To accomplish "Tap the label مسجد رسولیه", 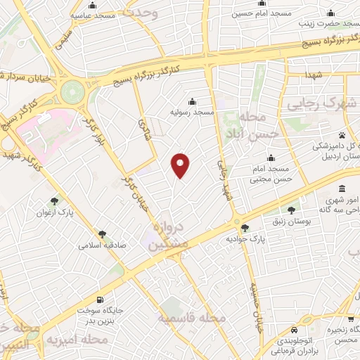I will pyautogui.click(x=191, y=112).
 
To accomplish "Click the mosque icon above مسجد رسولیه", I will pyautogui.click(x=192, y=101).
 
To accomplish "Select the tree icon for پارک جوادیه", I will pyautogui.click(x=245, y=227).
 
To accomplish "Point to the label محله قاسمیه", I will pyautogui.click(x=194, y=319).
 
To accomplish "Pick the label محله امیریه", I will pyautogui.click(x=77, y=340).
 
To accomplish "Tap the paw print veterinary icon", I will pyautogui.click(x=342, y=135).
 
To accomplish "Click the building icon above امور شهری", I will pyautogui.click(x=342, y=190).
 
